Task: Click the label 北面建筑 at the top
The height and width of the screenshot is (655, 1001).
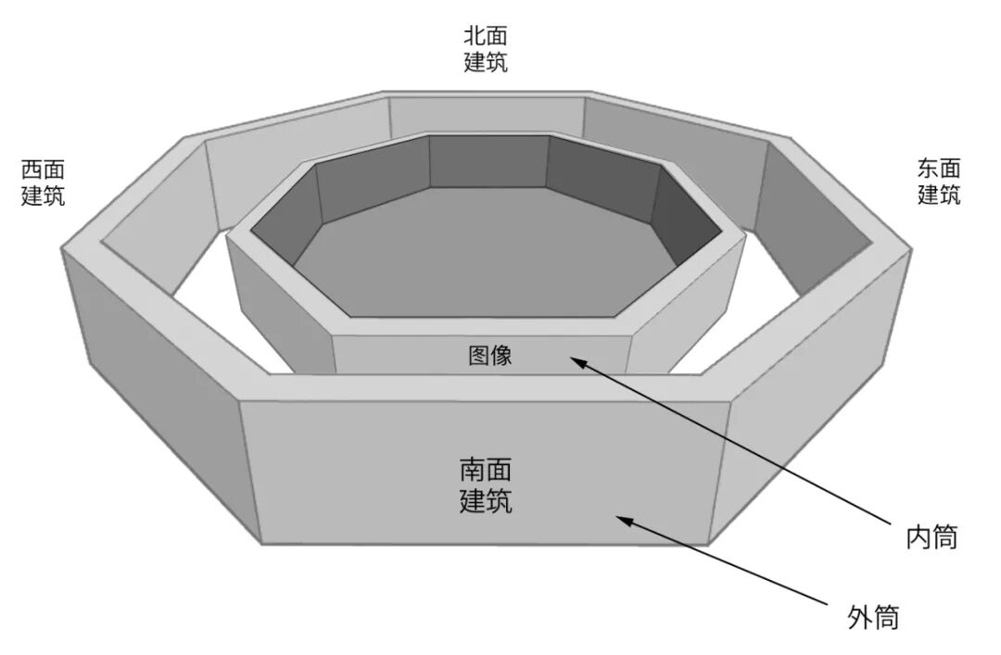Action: point(485,49)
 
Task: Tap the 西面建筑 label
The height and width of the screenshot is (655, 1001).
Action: point(44,183)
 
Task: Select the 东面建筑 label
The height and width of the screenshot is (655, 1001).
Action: point(938,182)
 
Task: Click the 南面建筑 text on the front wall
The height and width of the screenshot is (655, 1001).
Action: point(486,485)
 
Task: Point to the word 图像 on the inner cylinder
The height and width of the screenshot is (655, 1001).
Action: point(489,355)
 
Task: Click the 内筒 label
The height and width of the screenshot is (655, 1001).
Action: point(931,536)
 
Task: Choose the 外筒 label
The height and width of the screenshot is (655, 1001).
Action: point(873,617)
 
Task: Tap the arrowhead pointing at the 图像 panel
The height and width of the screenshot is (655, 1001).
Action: point(577,362)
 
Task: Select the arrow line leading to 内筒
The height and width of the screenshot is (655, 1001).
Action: point(741,445)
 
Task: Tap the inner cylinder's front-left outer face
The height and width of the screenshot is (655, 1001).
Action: point(278,306)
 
